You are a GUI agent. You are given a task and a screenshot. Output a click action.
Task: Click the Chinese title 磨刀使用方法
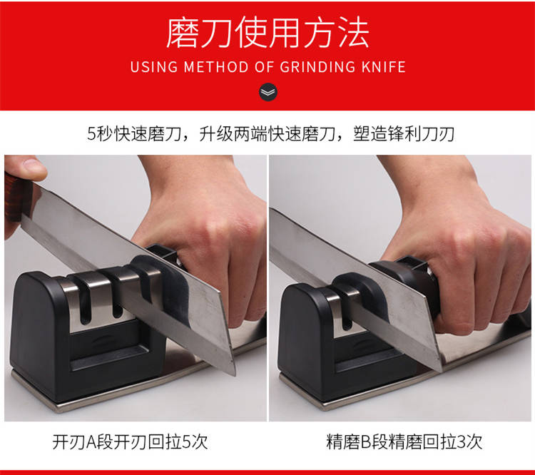[267, 33]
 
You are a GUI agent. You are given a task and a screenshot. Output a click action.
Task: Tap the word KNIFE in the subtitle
[383, 66]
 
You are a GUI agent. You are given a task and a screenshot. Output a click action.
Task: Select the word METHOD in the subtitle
[216, 66]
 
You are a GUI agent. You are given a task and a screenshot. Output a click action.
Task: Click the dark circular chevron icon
[267, 92]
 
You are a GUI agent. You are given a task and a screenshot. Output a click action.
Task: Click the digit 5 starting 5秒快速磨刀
[91, 134]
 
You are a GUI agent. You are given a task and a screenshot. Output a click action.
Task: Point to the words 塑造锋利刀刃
[404, 134]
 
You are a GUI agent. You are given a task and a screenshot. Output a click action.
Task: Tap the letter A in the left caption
[91, 442]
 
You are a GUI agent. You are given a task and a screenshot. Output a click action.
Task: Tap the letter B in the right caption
[365, 442]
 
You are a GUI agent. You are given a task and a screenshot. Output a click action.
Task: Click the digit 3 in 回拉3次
[461, 442]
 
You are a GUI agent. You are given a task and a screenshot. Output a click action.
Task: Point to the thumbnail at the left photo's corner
[32, 166]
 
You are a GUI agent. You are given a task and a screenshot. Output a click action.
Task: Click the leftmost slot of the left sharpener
[85, 304]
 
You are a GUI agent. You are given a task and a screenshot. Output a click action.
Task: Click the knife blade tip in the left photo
[235, 374]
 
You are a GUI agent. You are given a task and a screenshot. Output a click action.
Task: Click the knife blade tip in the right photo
[442, 371]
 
